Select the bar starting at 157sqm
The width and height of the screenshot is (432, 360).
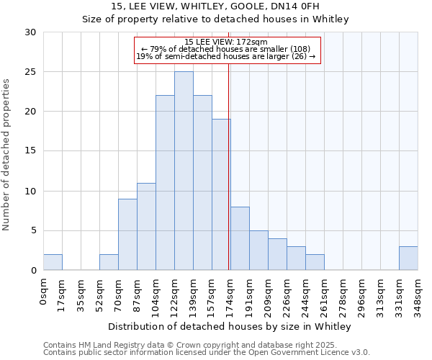click(x=221, y=194)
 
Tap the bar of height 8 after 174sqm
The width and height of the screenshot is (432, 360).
click(x=240, y=238)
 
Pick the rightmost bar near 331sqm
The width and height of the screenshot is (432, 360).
click(x=408, y=258)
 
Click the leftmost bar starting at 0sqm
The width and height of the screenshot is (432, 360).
click(x=53, y=262)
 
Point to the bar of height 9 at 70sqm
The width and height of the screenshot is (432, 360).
click(x=127, y=234)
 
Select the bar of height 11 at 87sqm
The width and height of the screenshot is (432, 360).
click(x=146, y=226)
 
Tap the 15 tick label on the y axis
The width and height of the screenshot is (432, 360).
click(x=31, y=151)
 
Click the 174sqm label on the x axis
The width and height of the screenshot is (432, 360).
click(x=230, y=294)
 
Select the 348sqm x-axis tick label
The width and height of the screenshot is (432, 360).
click(x=418, y=294)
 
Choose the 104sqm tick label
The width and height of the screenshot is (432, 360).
click(x=156, y=294)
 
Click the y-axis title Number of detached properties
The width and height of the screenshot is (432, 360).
click(x=7, y=155)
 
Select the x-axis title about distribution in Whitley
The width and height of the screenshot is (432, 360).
click(x=230, y=327)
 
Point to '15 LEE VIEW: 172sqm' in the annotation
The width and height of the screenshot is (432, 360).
click(x=226, y=42)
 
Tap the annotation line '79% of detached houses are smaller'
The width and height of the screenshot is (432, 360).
click(x=226, y=49)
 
